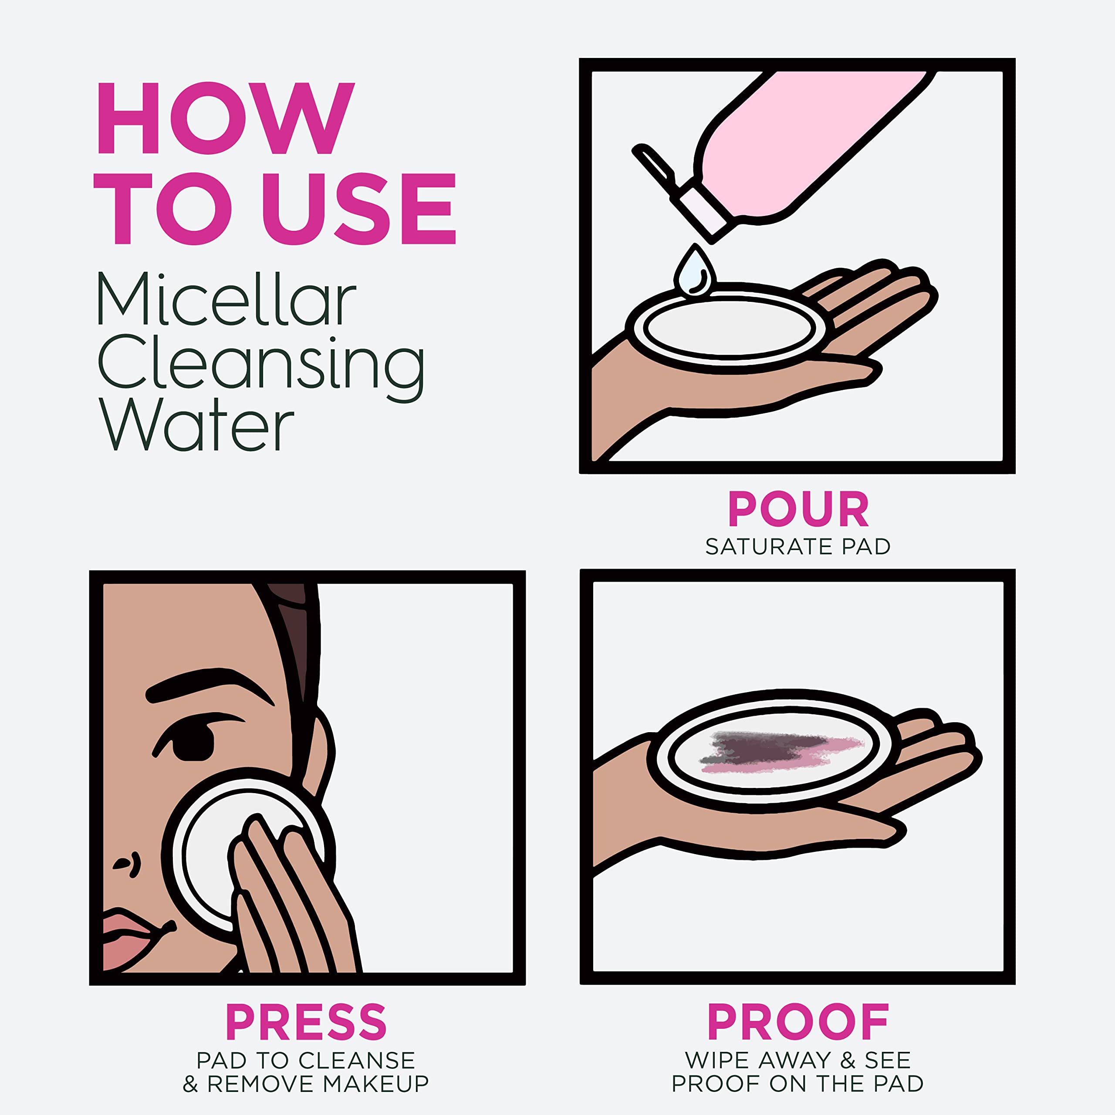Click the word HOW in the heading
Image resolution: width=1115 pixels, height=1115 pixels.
225,118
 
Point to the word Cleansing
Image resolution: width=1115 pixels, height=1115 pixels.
261,364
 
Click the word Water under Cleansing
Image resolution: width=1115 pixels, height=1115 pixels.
196,426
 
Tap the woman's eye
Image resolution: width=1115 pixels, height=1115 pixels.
193,744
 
